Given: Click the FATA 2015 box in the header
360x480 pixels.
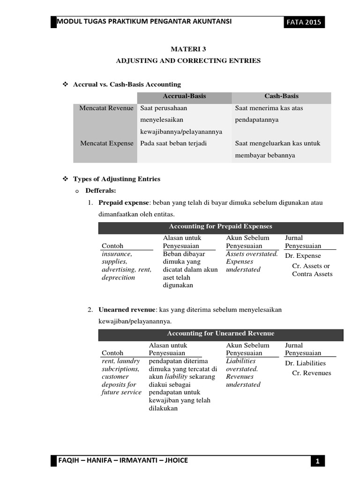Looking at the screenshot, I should (x=305, y=22).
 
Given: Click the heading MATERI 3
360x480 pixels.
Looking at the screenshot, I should (x=188, y=49).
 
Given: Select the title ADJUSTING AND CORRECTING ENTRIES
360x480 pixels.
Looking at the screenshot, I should (x=188, y=61).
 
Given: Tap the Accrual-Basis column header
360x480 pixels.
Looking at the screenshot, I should (x=184, y=96).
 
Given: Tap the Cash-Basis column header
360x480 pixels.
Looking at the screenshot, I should (x=281, y=96).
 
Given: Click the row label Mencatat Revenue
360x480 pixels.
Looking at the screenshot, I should (x=106, y=108).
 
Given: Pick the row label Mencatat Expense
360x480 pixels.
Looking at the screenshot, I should (x=106, y=143).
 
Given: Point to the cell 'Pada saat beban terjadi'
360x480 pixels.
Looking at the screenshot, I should (x=173, y=143).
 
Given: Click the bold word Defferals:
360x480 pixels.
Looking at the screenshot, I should (x=100, y=191).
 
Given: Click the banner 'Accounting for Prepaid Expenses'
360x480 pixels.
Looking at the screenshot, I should (x=220, y=226).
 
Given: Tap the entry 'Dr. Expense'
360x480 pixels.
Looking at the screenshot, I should (x=303, y=256).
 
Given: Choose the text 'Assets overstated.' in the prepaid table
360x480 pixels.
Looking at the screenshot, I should (x=252, y=254).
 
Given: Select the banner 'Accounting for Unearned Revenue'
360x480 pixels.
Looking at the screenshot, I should (x=220, y=333).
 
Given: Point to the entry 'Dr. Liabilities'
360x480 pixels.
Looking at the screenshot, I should (x=305, y=363).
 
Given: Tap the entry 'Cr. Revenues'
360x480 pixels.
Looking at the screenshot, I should (x=311, y=373).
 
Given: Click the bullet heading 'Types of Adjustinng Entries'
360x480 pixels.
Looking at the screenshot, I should (x=117, y=179).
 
